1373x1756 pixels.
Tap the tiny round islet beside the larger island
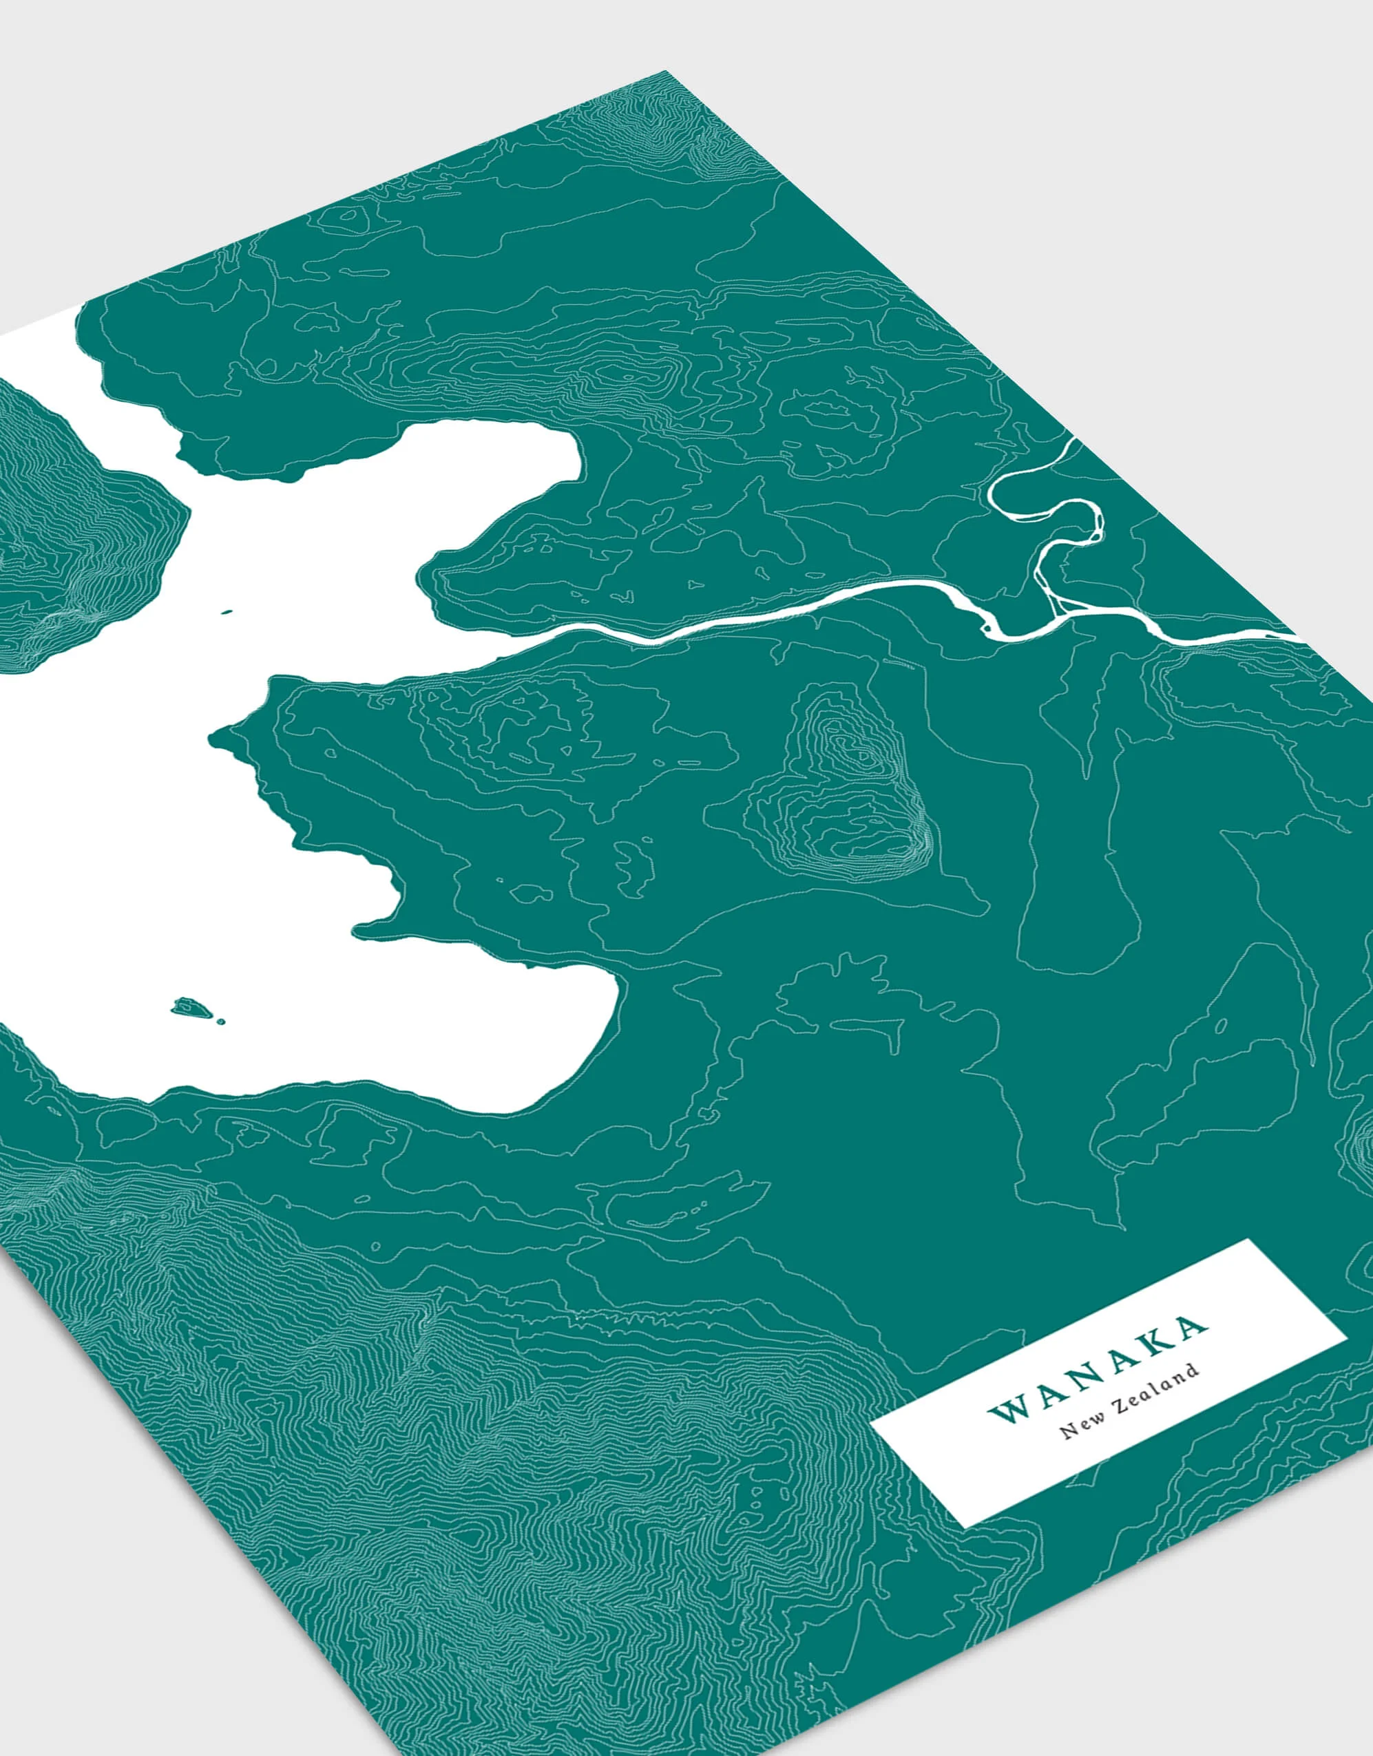pyautogui.click(x=221, y=1022)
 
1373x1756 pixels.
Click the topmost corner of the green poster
pyautogui.click(x=666, y=72)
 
